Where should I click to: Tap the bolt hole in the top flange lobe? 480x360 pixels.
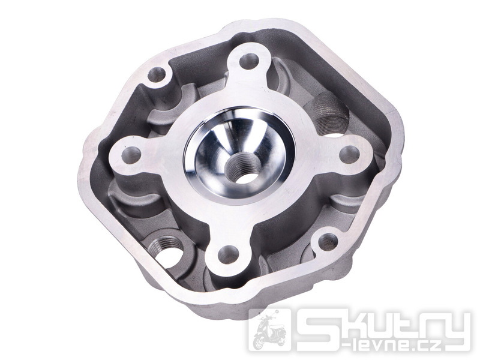pos(249,62)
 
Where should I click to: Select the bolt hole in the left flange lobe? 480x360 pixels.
pos(131,155)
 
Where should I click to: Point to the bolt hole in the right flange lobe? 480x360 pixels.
pos(349,155)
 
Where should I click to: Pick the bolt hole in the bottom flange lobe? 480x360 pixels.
pos(229,254)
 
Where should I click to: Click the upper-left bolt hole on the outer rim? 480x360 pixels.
pos(157,75)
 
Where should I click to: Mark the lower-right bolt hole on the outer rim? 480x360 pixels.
pos(328,242)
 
